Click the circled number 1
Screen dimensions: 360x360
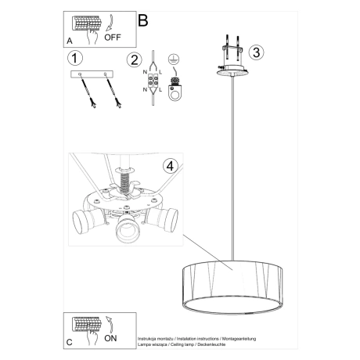pos(75,59)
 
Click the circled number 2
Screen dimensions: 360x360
pos(135,59)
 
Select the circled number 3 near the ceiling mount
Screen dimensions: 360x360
pos(257,52)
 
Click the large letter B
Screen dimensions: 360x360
pos(142,20)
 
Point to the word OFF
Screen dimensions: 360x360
pos(113,36)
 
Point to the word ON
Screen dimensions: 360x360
pos(111,340)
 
